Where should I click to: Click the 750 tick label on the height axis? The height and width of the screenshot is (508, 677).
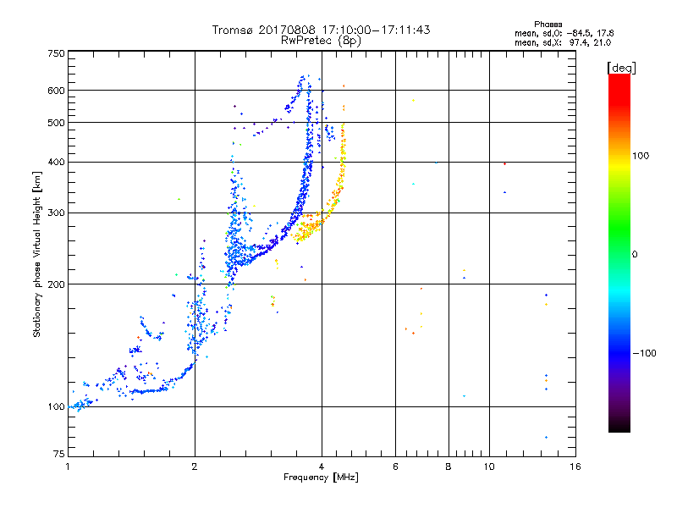(56, 53)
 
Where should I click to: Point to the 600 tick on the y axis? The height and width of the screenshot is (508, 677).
(56, 90)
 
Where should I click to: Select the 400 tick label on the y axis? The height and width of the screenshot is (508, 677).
(56, 162)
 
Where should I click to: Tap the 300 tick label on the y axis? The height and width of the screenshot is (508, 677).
(56, 213)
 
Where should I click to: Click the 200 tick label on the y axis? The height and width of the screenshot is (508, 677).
(56, 284)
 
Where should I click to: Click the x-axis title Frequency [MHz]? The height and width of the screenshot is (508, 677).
(321, 478)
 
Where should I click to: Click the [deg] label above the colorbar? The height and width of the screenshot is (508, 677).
(621, 67)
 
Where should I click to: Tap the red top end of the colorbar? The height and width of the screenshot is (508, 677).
(619, 78)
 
